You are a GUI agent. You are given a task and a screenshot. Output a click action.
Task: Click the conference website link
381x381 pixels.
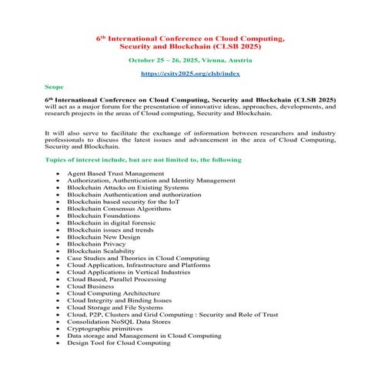pyautogui.click(x=191, y=73)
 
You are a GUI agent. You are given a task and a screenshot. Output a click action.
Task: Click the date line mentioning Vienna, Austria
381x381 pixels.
pyautogui.click(x=191, y=58)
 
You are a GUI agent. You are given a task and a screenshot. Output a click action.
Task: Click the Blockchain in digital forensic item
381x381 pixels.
pyautogui.click(x=115, y=226)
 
